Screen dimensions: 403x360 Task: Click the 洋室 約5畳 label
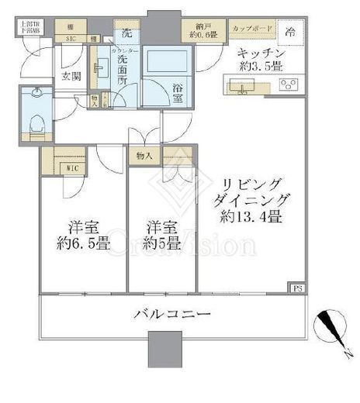pos(161,236)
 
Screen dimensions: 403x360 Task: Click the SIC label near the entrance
pos(70,38)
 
